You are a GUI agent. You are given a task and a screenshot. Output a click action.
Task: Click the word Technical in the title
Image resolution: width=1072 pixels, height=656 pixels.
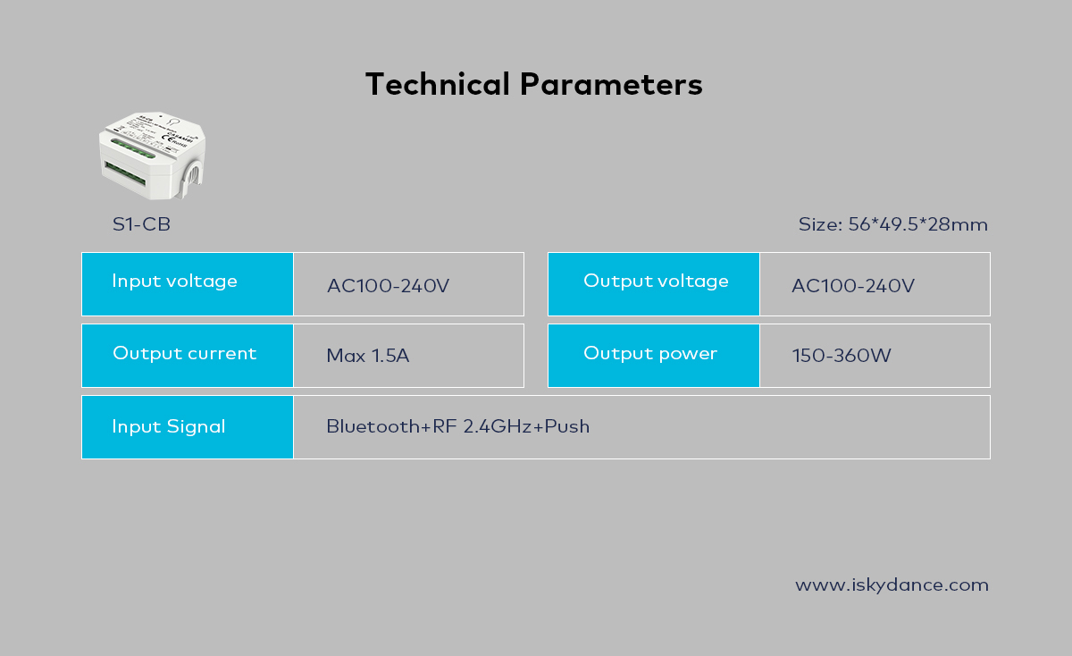(438, 84)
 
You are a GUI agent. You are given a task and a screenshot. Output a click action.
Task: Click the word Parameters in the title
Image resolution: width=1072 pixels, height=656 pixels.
(611, 84)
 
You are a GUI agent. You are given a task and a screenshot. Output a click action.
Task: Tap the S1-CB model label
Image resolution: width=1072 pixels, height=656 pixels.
(141, 224)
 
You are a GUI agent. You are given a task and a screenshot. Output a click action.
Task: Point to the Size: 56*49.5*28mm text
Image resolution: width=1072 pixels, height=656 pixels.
(893, 224)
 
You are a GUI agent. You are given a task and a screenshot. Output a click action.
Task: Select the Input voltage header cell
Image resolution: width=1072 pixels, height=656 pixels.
(188, 284)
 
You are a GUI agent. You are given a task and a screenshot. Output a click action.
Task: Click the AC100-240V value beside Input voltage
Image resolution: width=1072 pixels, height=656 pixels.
(388, 286)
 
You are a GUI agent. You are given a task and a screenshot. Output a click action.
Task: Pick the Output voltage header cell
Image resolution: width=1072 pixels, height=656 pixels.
(654, 284)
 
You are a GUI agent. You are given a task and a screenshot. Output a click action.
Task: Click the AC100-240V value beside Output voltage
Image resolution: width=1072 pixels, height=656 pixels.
(853, 286)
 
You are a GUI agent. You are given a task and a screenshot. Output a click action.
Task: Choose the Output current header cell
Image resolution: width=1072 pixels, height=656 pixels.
(188, 356)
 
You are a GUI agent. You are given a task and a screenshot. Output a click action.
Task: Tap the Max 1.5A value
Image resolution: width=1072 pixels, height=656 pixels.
(367, 356)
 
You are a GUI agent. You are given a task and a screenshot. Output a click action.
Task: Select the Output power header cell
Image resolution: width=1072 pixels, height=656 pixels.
(654, 356)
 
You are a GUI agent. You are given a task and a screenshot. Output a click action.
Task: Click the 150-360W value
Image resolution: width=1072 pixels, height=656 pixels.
(842, 356)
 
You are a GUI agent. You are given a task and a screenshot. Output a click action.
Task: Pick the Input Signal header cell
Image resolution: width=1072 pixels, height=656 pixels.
(188, 427)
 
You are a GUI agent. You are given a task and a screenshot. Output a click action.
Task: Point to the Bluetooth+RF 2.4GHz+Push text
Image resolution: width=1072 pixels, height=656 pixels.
(458, 426)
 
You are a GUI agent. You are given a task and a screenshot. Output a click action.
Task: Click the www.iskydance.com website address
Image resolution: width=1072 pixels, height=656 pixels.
(892, 585)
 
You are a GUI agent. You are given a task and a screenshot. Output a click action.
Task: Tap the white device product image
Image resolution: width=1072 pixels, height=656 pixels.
(152, 156)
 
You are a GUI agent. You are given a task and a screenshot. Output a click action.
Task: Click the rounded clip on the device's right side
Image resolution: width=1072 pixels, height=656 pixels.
(191, 179)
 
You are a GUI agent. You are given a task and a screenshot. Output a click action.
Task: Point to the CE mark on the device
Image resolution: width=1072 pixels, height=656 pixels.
(168, 139)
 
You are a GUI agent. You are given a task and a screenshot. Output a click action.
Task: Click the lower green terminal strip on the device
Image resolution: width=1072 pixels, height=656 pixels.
(125, 173)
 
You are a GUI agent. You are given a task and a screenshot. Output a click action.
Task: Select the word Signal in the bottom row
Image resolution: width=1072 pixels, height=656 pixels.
(196, 427)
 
